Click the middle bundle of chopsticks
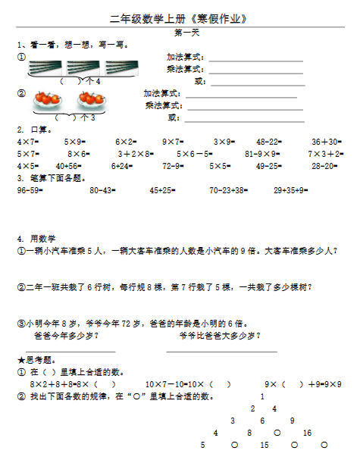click(x=84, y=67)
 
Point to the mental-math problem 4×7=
click(x=27, y=142)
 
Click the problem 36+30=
click(x=325, y=142)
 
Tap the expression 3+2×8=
click(x=134, y=154)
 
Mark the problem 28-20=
click(x=325, y=166)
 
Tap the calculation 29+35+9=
click(x=291, y=191)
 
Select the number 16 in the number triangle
click(x=307, y=433)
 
